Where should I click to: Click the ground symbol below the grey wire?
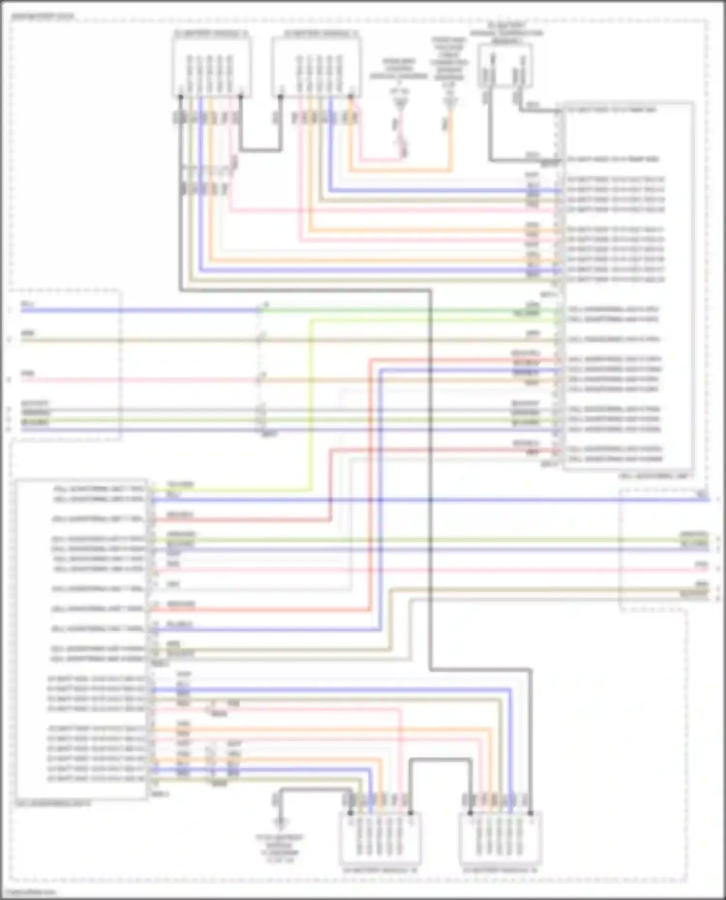point(280,821)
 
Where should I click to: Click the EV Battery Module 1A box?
point(212,67)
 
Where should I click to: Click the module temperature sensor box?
point(505,65)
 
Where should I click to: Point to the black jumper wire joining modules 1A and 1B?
point(260,149)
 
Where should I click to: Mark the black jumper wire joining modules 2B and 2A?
point(440,761)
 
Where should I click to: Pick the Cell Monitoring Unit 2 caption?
point(53,804)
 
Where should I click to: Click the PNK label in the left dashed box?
point(28,373)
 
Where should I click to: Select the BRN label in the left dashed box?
point(28,334)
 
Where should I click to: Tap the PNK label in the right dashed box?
point(701,564)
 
